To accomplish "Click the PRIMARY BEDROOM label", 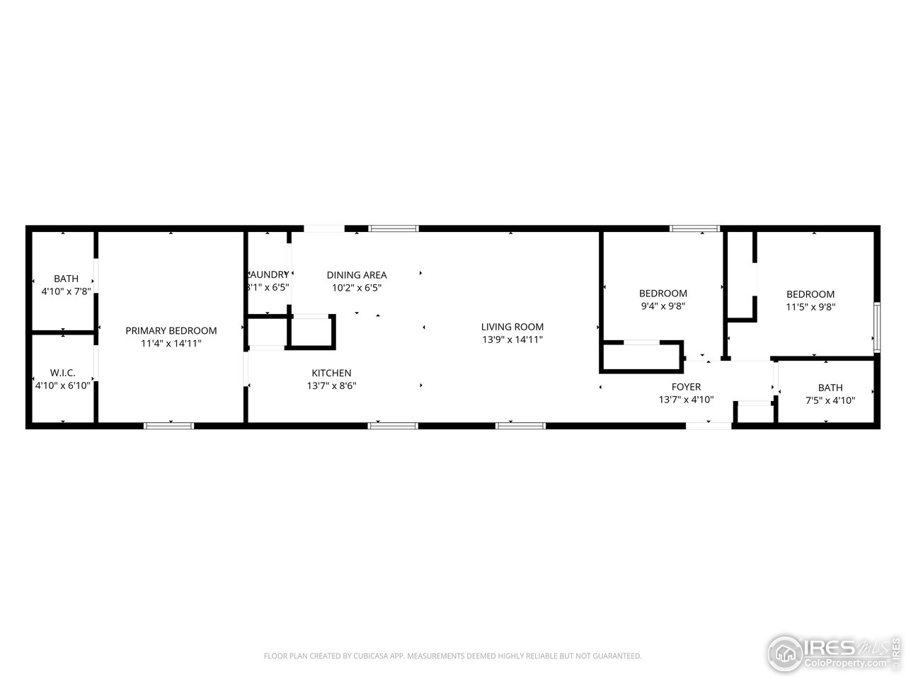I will coord(171,330).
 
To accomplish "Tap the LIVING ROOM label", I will coord(512,327).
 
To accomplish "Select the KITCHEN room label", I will coord(331,373).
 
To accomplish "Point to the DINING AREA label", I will coord(357,274).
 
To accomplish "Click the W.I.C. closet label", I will coord(62,372).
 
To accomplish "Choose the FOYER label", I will coord(686,386).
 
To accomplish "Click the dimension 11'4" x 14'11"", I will coord(171,344).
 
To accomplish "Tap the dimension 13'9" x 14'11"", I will coord(512,339).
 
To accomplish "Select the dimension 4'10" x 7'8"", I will coord(66,291).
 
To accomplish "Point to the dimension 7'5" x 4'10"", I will coord(830,400).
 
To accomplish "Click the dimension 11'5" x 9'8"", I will coord(810,307).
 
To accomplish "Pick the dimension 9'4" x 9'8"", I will coord(663,306).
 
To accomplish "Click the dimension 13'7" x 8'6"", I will coord(331,386).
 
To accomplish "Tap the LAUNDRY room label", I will coord(268,274).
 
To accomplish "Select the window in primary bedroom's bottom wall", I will coord(168,426).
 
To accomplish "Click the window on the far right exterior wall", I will coord(876,327).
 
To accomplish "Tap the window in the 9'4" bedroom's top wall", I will coord(694,228).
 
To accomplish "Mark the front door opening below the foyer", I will coord(709,426).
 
